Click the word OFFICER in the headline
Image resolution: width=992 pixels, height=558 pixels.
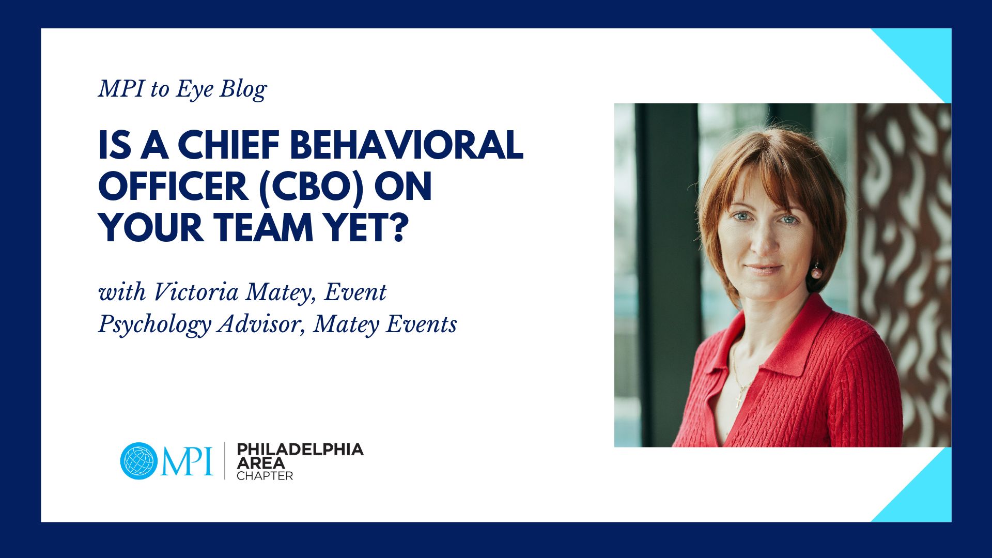(173, 187)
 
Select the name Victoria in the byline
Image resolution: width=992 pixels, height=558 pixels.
(196, 292)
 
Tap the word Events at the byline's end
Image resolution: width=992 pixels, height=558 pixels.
(422, 324)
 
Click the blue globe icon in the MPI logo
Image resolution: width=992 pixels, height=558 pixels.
(138, 461)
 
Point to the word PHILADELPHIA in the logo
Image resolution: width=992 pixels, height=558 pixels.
(300, 450)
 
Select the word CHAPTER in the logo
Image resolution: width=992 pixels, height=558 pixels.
(265, 476)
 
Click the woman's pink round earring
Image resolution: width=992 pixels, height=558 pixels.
(816, 272)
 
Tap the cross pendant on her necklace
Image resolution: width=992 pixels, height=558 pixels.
(739, 399)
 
